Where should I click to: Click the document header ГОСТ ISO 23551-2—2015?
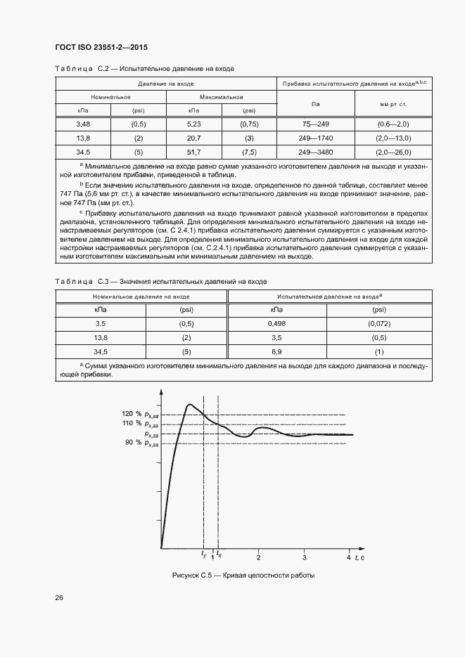(x=101, y=48)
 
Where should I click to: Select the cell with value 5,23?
(x=193, y=124)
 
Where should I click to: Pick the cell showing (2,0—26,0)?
(x=393, y=152)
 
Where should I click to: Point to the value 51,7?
(x=193, y=152)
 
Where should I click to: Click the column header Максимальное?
(x=221, y=97)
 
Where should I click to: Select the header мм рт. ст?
(x=393, y=104)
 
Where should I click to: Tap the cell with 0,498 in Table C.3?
(x=276, y=323)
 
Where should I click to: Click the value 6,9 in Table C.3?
(x=276, y=351)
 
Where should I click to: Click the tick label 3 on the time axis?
(x=304, y=557)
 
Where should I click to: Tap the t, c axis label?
(x=359, y=557)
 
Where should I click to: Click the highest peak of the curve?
(x=189, y=405)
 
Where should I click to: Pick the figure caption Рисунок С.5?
(x=243, y=575)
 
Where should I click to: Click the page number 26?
(x=59, y=598)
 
